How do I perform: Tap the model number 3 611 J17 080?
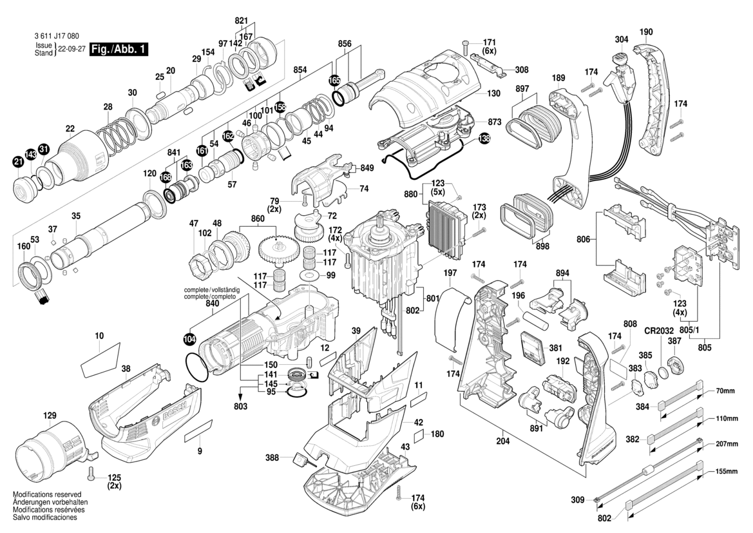click(57, 38)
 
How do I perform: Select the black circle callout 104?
click(189, 337)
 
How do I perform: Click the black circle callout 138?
click(483, 138)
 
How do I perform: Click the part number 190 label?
click(646, 32)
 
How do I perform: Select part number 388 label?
click(273, 458)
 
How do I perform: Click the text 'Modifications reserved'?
click(48, 494)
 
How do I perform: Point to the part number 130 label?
click(493, 93)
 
